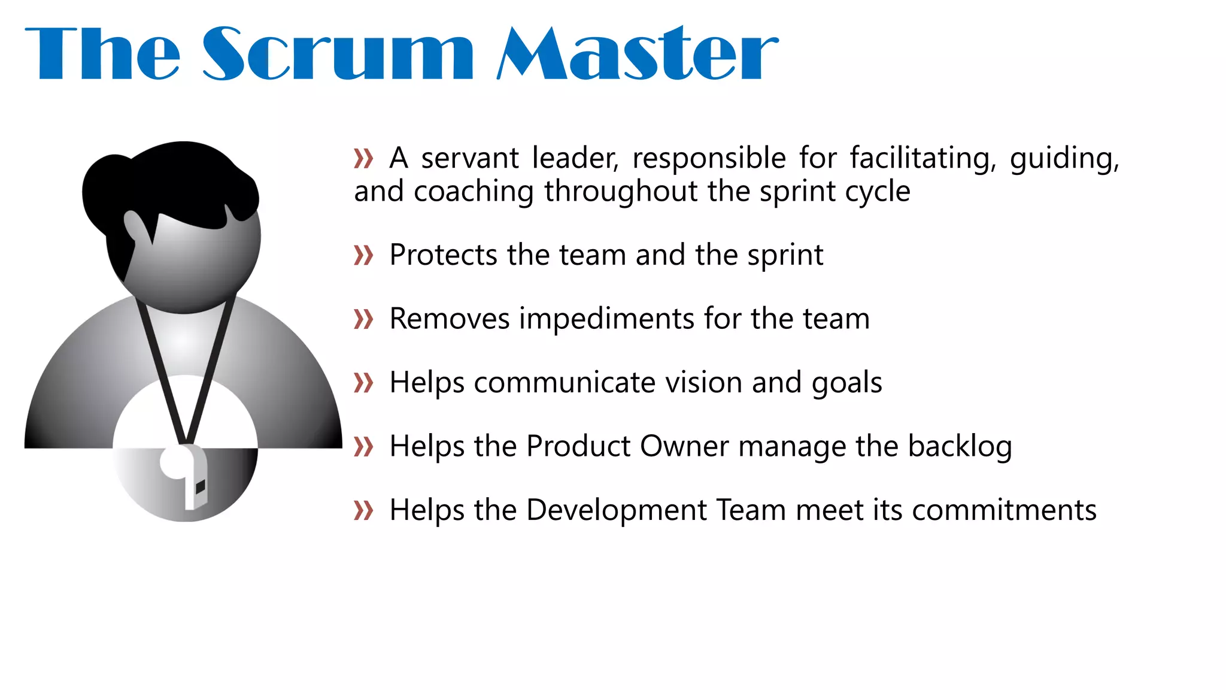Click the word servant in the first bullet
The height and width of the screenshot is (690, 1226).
point(470,159)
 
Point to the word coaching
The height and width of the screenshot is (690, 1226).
point(473,192)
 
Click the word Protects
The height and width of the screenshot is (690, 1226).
point(443,255)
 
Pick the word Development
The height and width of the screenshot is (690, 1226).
point(617,511)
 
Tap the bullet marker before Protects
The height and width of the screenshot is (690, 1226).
point(363,256)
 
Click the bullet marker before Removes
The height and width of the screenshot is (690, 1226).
point(363,319)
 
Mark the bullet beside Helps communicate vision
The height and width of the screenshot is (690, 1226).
point(363,383)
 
